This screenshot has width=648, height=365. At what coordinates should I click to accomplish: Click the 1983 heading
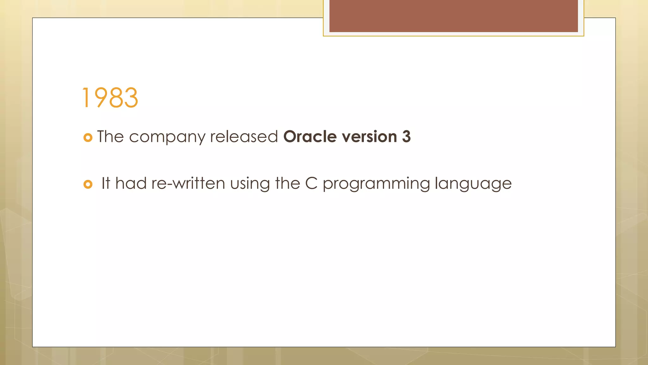(110, 98)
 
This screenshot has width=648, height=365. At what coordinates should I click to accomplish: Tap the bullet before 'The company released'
(88, 138)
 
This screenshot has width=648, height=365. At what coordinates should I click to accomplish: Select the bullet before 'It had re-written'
(88, 184)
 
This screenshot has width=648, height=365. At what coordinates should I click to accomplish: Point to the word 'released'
(244, 137)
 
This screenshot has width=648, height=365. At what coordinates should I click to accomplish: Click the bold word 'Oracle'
(310, 137)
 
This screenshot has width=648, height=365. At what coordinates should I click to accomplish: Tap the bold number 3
(406, 137)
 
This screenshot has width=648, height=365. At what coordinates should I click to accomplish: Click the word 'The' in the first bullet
(110, 137)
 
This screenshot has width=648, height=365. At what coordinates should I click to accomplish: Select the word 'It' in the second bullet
(106, 183)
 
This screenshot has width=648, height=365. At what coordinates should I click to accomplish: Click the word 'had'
(131, 183)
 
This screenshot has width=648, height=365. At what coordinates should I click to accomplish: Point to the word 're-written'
(188, 183)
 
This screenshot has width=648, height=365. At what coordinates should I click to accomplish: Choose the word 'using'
(250, 184)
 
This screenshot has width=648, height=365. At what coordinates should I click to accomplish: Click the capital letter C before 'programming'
(311, 183)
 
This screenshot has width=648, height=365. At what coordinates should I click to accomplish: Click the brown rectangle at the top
(453, 16)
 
